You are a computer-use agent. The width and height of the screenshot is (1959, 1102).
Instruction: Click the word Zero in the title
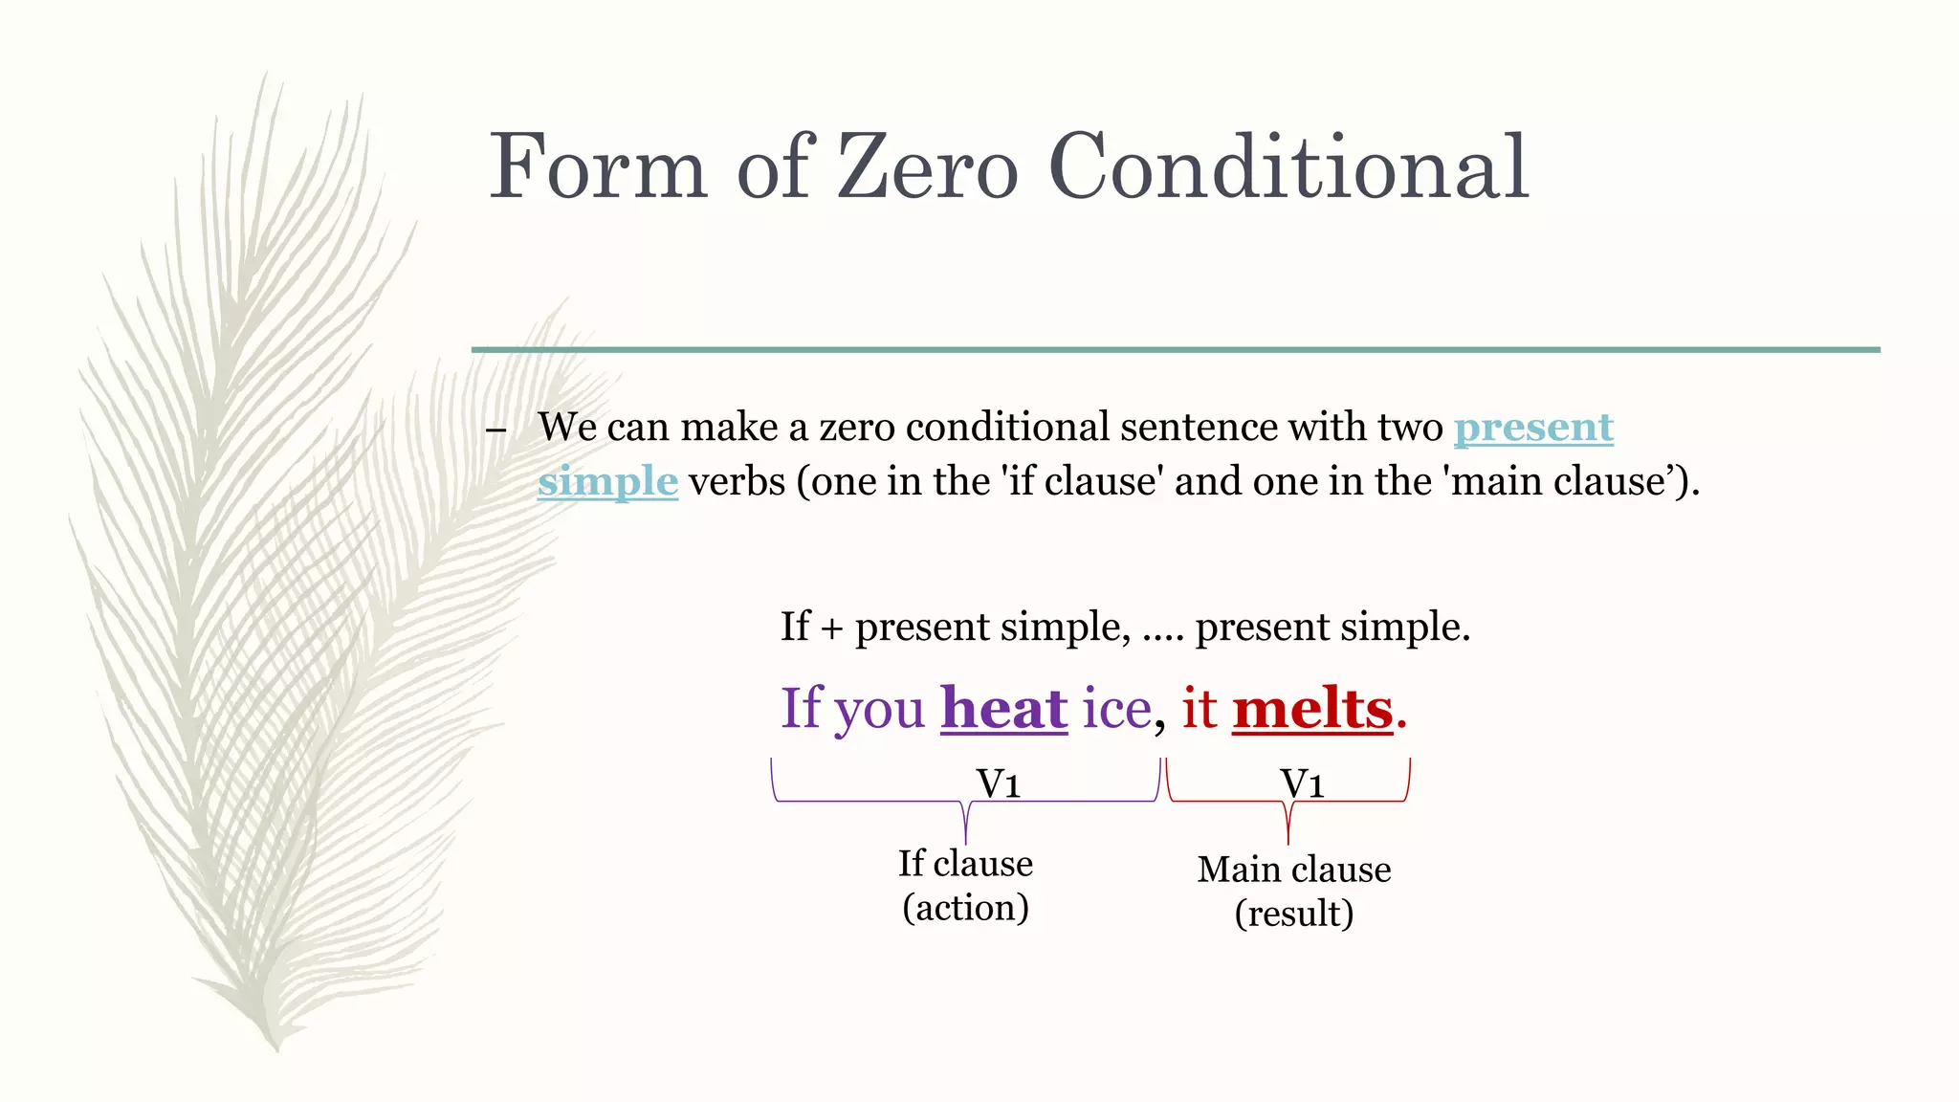pos(927,167)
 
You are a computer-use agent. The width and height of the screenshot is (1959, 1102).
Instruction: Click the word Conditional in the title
pos(1288,167)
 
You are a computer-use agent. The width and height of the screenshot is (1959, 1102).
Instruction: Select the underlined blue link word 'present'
pos(1533,428)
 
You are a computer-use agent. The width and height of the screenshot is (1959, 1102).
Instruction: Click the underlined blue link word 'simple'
pos(607,481)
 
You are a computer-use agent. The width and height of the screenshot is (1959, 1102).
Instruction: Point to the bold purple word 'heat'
pos(1003,709)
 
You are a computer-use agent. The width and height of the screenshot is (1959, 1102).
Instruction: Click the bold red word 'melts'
pos(1312,709)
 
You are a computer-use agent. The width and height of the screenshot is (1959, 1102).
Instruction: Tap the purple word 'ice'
pos(1116,709)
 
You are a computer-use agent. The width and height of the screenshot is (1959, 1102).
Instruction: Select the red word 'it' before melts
pos(1199,709)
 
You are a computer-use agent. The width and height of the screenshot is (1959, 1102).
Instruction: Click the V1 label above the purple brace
pos(998,783)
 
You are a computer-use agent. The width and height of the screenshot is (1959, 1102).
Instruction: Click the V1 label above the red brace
pos(1302,783)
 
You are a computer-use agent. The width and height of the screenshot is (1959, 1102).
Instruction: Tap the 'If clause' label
pos(965,863)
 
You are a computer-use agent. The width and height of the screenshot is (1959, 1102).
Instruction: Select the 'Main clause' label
pos(1294,869)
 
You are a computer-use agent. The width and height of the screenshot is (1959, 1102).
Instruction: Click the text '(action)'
pos(965,907)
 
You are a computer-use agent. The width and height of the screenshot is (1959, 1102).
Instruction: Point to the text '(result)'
pos(1294,914)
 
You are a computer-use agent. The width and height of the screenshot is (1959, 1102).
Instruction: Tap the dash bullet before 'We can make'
pos(495,430)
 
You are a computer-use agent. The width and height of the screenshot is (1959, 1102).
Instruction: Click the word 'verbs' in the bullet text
pos(737,481)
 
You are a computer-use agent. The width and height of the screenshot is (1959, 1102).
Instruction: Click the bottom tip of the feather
pos(276,1047)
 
